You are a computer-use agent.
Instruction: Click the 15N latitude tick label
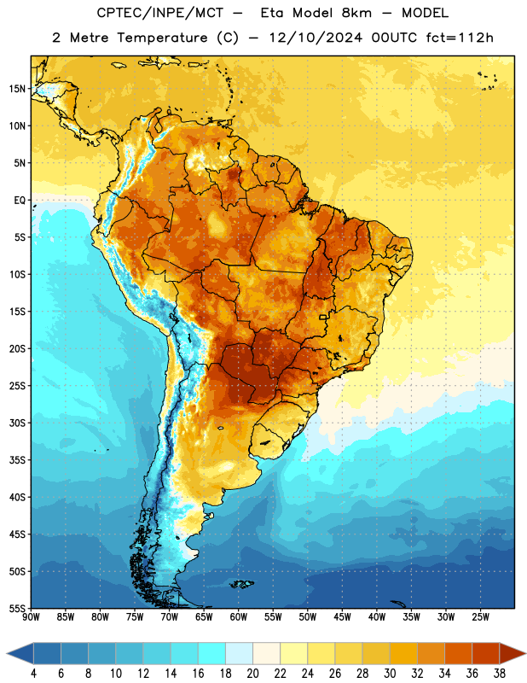point(17,89)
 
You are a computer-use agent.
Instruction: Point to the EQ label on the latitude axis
point(20,201)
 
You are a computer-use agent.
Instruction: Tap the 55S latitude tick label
point(17,608)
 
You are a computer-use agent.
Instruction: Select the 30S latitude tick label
point(17,423)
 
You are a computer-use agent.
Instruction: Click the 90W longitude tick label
point(31,617)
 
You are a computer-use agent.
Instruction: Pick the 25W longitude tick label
point(480,617)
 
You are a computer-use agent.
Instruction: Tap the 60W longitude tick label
point(239,617)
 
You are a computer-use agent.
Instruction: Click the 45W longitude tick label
point(342,617)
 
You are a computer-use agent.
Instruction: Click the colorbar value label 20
point(252,674)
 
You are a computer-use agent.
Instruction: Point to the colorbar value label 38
point(499,674)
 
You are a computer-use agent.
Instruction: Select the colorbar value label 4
point(33,674)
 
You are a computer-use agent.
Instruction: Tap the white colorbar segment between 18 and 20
point(239,653)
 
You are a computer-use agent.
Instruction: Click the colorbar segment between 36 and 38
point(486,653)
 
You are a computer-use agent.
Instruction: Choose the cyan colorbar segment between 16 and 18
point(212,653)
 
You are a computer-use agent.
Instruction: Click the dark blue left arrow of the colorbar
point(20,653)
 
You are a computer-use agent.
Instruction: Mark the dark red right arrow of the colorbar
point(513,653)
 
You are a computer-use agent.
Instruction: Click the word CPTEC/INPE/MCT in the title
point(160,13)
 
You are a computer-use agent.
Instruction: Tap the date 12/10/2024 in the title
point(316,38)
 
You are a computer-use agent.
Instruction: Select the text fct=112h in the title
point(460,38)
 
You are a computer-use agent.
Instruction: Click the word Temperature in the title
point(162,38)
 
